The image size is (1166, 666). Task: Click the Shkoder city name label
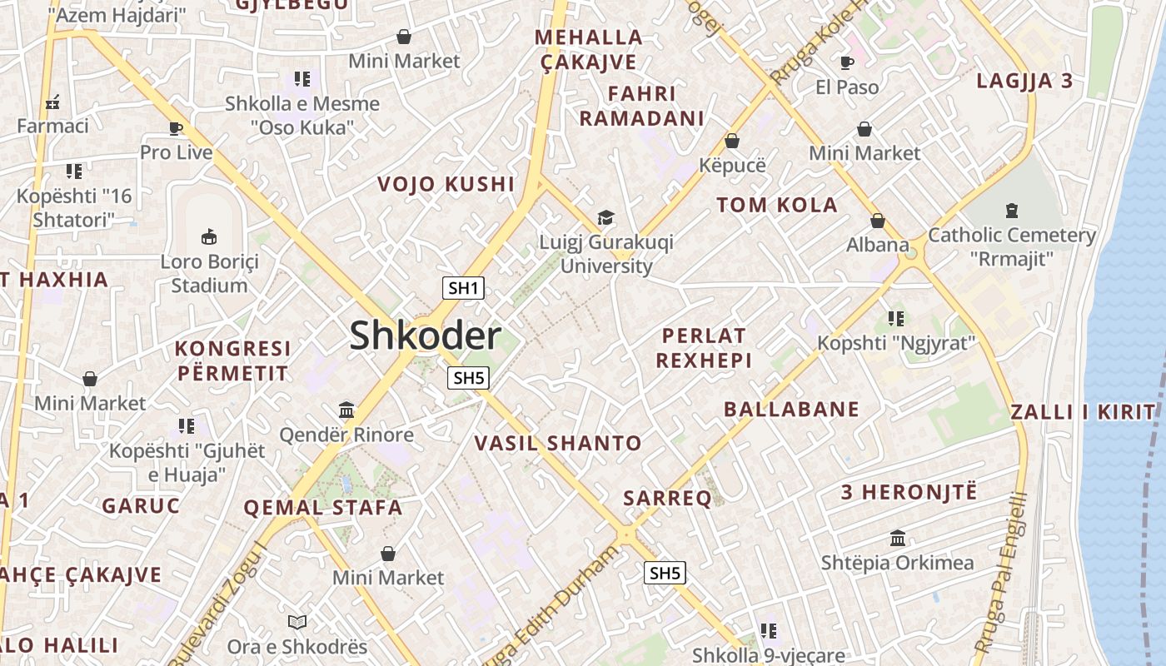425,335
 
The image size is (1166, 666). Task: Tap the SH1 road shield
463,289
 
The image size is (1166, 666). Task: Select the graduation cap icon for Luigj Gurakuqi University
605,218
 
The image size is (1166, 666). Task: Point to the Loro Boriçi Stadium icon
209,236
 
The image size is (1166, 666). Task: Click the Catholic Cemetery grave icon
1012,210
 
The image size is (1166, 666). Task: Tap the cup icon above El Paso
847,62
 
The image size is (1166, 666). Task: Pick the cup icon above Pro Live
176,128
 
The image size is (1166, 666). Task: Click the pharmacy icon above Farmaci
52,102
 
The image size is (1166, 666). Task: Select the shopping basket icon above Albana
877,221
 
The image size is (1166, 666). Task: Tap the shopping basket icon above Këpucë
732,140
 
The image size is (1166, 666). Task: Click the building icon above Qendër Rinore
346,410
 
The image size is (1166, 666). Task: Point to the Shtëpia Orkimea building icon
898,539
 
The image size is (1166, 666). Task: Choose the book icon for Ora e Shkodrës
297,622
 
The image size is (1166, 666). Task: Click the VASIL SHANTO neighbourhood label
558,444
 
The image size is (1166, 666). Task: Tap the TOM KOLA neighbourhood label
777,206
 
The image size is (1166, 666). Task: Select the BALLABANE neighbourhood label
791,409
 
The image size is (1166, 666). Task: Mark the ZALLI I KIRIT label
1083,411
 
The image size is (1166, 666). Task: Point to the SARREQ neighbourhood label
668,499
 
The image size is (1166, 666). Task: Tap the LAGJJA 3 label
1024,82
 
